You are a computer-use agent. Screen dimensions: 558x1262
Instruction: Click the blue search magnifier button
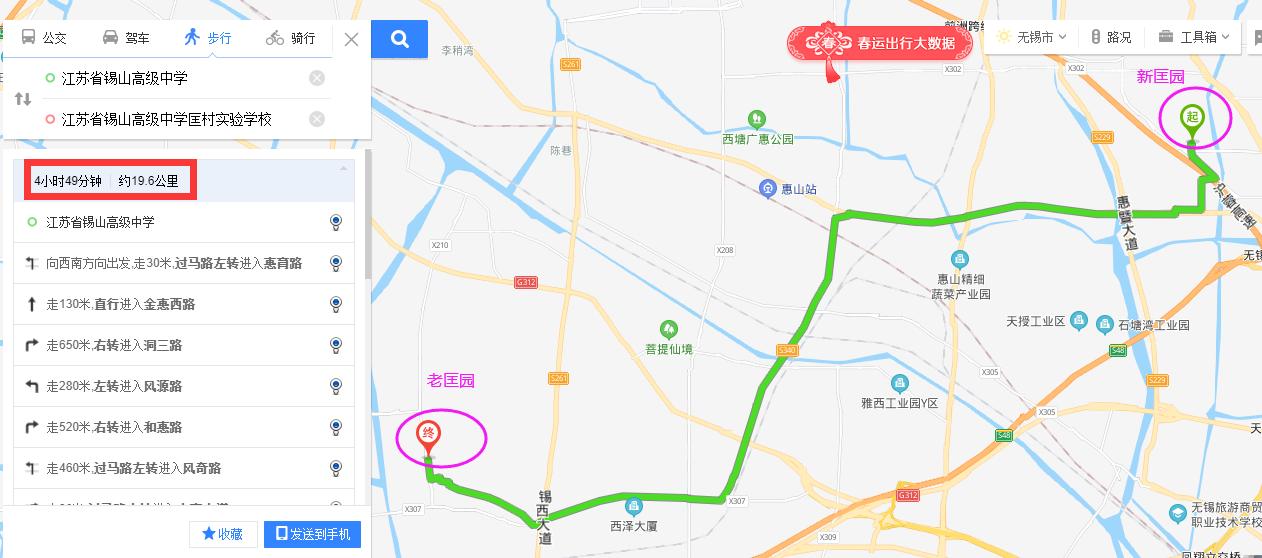[x=400, y=39]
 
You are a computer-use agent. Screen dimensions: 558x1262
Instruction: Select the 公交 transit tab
[x=44, y=38]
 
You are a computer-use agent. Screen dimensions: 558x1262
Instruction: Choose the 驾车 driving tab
[x=126, y=38]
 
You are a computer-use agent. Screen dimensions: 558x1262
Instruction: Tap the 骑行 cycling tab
[x=291, y=38]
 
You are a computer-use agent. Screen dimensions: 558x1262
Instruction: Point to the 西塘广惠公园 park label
[x=758, y=138]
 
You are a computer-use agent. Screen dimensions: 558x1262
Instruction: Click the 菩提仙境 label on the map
[x=668, y=349]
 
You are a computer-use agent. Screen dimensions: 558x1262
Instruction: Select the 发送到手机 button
[x=313, y=534]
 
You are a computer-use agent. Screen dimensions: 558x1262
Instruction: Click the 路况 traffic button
[x=1111, y=37]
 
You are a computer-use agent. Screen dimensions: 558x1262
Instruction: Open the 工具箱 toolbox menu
[x=1190, y=37]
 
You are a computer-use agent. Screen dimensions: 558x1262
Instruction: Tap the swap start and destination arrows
[x=23, y=99]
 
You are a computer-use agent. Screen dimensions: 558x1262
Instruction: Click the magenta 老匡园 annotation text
[x=450, y=381]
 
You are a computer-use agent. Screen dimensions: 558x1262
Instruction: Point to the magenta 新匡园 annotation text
[x=1160, y=77]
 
